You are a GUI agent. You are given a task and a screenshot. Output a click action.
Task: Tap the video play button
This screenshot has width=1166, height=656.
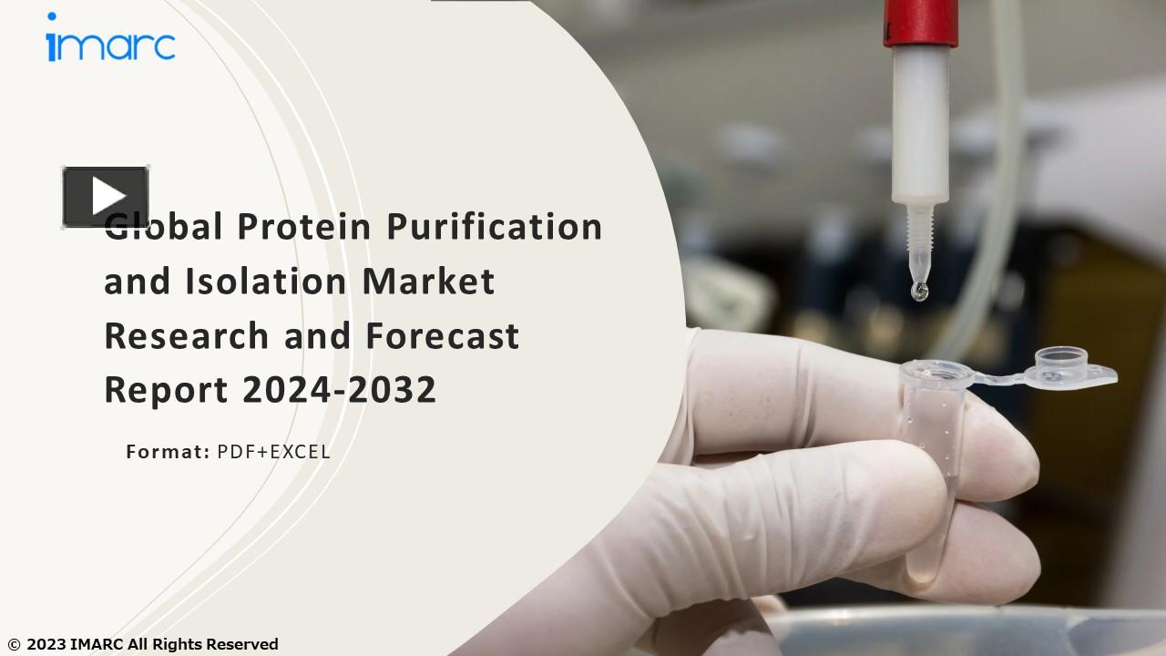pyautogui.click(x=106, y=196)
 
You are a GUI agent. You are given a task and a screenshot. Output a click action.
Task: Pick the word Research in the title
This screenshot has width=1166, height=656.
pyautogui.click(x=187, y=335)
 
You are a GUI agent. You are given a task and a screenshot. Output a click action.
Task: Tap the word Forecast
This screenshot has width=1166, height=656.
pyautogui.click(x=443, y=335)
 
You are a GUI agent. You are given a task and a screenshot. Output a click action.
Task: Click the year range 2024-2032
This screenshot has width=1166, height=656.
pyautogui.click(x=340, y=390)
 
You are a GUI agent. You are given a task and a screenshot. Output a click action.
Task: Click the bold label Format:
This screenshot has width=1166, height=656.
pyautogui.click(x=168, y=451)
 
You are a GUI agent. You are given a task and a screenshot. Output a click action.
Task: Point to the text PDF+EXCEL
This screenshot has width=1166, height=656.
pyautogui.click(x=273, y=451)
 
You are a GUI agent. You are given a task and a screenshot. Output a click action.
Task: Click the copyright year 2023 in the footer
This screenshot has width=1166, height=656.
pyautogui.click(x=46, y=644)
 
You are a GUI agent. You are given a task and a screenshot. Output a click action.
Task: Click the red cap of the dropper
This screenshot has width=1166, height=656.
pyautogui.click(x=919, y=22)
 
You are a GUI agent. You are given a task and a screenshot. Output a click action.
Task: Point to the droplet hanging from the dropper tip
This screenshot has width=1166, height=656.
pyautogui.click(x=920, y=290)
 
